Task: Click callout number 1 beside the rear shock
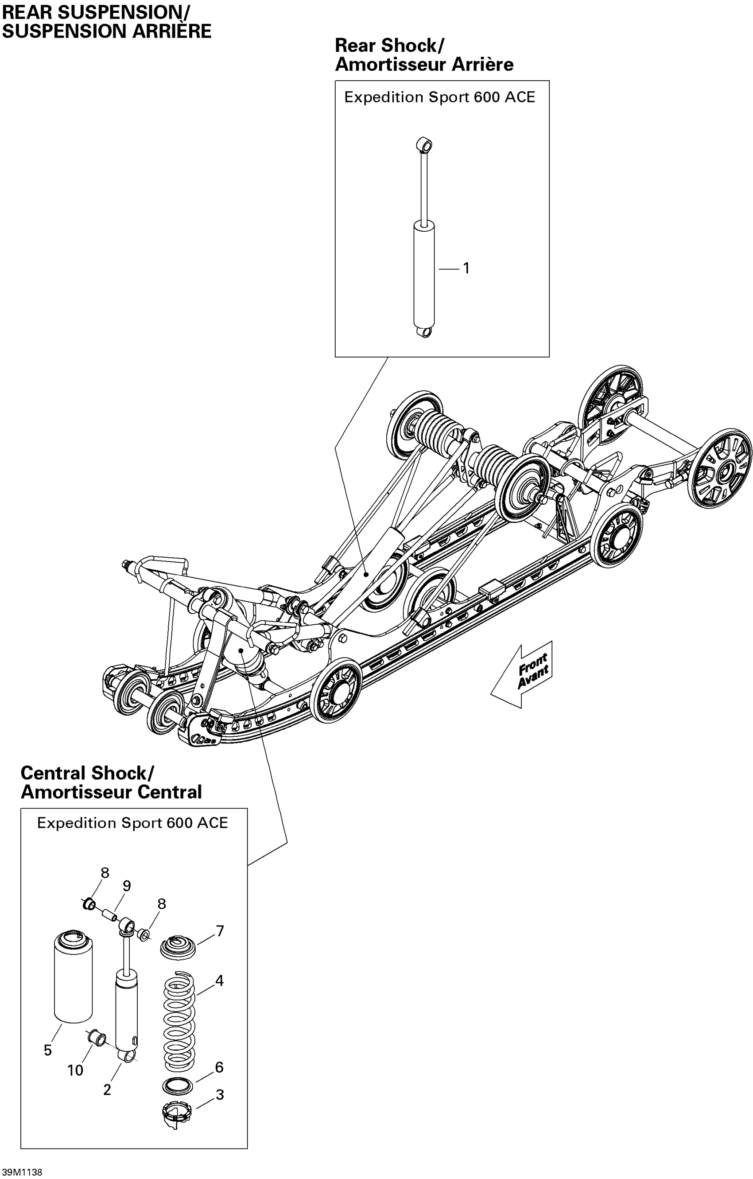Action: (466, 268)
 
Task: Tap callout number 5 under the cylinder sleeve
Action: (47, 1050)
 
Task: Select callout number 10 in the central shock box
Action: (75, 1071)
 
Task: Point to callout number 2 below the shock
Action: (107, 1090)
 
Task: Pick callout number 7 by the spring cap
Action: (220, 931)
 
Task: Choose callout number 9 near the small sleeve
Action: (127, 886)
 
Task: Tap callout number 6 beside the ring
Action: (219, 1067)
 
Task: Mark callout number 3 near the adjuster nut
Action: (220, 1095)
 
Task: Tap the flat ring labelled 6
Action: (177, 1086)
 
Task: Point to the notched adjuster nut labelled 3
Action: (176, 1113)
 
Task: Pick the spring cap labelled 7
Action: (178, 946)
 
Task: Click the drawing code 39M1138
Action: (22, 1172)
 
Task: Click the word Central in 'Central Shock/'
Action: (53, 773)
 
